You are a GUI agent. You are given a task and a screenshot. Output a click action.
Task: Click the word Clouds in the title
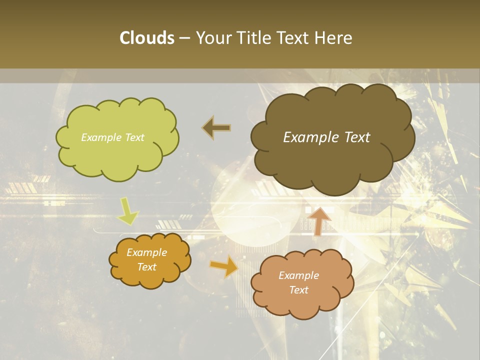(147, 38)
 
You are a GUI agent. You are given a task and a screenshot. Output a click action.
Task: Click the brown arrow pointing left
(216, 128)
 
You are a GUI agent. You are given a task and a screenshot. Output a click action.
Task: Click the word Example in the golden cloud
(146, 252)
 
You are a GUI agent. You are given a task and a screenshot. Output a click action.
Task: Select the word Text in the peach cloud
(298, 290)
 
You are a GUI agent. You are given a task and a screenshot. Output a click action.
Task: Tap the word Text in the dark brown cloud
(356, 137)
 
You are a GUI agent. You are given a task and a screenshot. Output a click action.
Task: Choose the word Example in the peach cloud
(298, 275)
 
